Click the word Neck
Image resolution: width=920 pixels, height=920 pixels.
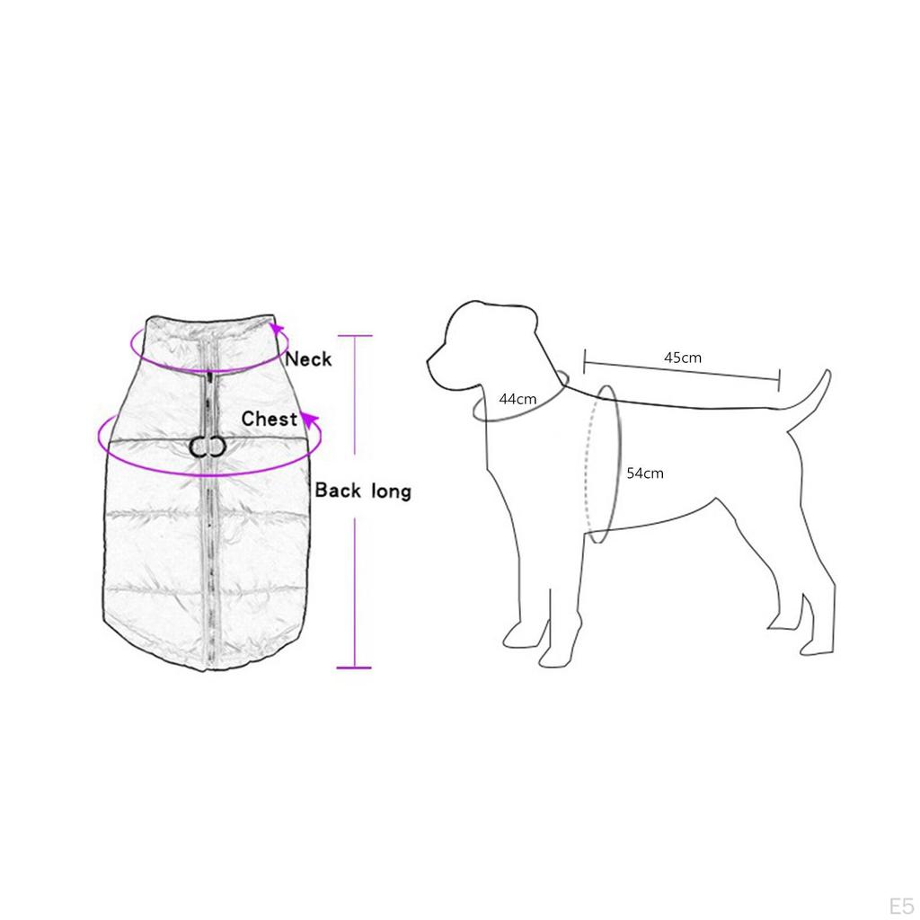309,359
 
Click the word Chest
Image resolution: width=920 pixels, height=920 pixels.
270,419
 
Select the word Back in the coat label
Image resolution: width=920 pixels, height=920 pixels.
338,490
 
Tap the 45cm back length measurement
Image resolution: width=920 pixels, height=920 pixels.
683,358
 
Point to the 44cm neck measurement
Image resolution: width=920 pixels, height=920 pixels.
517,399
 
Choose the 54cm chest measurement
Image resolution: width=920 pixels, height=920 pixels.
645,473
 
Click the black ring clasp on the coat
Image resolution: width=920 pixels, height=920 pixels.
208,447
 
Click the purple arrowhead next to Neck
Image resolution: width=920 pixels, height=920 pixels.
276,330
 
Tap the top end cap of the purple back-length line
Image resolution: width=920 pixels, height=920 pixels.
354,336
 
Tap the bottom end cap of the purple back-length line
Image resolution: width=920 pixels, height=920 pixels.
354,668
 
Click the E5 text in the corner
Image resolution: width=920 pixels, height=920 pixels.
900,906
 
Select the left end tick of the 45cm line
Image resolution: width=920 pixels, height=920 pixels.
584,361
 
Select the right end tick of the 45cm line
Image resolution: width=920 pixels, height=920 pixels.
779,380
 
